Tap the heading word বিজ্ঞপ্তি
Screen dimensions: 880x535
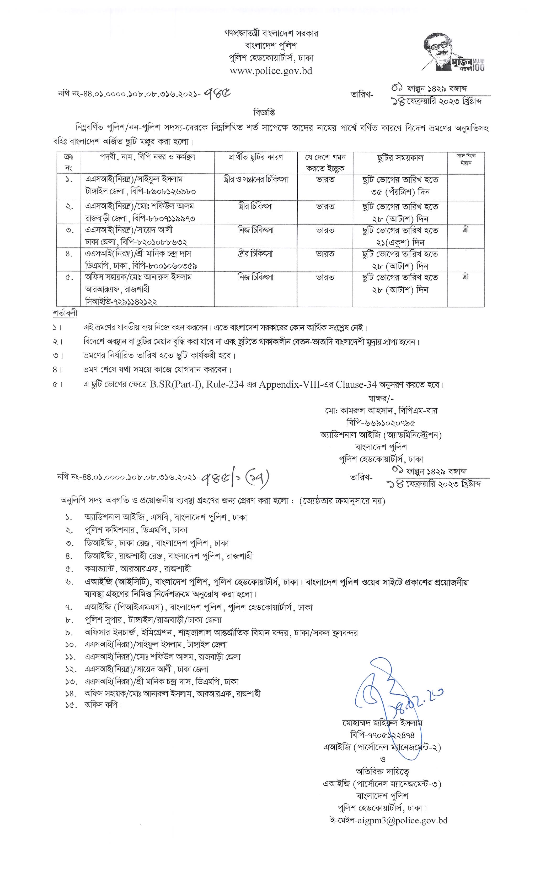264,113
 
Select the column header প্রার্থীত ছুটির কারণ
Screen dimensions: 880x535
256,157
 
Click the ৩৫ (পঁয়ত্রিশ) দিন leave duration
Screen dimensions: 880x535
400,192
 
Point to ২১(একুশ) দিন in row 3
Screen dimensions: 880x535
400,243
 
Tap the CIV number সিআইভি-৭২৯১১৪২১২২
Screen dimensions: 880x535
121,301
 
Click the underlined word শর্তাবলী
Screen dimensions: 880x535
65,313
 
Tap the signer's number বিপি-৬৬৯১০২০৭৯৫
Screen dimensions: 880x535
381,423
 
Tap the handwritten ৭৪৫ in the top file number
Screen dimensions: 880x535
216,93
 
